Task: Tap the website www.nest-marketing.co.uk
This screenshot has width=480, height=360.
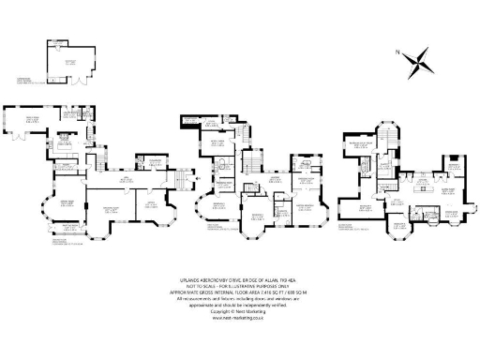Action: click(x=240, y=318)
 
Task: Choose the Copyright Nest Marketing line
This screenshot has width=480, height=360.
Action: click(x=240, y=311)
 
